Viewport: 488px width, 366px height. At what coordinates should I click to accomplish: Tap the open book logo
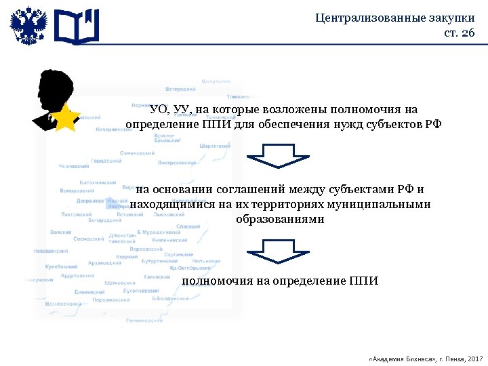tap(77, 26)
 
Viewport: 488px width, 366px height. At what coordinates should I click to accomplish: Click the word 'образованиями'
tap(280, 220)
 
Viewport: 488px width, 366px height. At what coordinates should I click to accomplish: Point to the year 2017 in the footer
tap(475, 357)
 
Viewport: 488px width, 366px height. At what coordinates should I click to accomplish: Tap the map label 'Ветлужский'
tap(180, 89)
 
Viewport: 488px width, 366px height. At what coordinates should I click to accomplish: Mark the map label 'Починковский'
tap(144, 320)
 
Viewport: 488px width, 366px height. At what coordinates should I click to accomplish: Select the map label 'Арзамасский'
tap(104, 262)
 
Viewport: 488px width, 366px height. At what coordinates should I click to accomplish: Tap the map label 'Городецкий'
tap(106, 161)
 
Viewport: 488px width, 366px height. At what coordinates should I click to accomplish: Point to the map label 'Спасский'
tap(188, 226)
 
